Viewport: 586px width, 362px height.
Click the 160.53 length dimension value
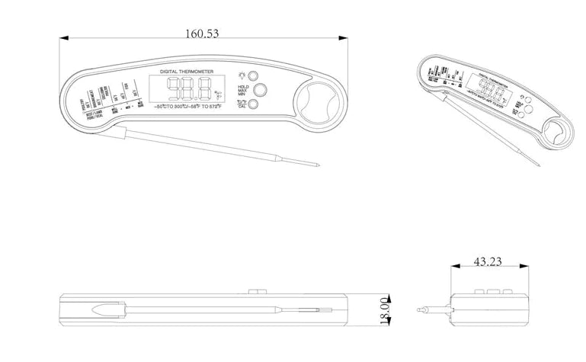[x=202, y=33]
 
